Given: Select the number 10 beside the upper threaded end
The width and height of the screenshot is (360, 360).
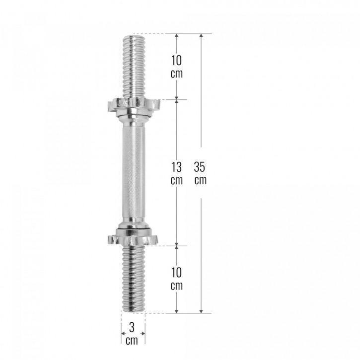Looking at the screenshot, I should [x=177, y=61].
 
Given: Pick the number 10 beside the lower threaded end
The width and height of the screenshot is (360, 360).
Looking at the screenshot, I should [x=177, y=273].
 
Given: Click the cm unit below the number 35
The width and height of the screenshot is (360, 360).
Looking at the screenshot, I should [x=201, y=180].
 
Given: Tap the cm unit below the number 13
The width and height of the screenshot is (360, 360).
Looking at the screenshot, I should [x=177, y=180].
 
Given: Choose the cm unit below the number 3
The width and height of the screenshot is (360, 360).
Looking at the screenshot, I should [x=132, y=341].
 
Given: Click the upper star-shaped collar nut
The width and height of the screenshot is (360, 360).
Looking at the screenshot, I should [x=133, y=105].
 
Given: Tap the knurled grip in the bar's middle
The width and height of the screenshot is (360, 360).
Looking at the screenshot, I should [x=133, y=171].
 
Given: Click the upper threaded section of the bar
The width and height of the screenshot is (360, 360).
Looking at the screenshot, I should [x=133, y=67].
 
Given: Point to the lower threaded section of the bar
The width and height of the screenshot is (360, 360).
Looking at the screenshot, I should [x=133, y=278].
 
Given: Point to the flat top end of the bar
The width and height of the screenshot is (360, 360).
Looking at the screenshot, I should [x=133, y=35].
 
